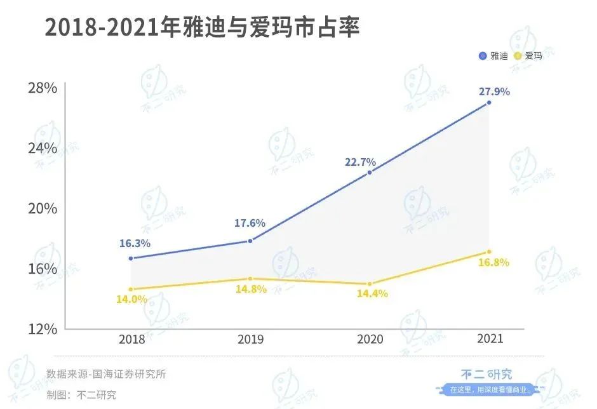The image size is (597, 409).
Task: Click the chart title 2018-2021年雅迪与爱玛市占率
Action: [202, 29]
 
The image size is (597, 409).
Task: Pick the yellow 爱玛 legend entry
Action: [528, 57]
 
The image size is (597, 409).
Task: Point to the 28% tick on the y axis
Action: [43, 88]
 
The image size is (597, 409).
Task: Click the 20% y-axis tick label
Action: [43, 209]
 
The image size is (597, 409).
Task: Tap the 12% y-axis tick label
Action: [43, 329]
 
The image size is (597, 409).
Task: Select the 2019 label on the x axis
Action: [251, 339]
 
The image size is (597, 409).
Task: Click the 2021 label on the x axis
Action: [489, 339]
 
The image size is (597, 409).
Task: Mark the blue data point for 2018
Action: [131, 258]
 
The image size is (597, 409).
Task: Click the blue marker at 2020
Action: [370, 172]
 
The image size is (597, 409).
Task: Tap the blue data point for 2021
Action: [488, 103]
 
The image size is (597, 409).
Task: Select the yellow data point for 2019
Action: [250, 279]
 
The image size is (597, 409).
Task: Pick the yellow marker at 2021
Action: [488, 252]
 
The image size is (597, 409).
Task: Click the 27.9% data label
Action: [494, 91]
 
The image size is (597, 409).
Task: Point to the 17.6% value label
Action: [250, 224]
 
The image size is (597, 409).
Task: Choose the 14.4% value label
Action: [372, 294]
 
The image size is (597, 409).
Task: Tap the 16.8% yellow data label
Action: [494, 263]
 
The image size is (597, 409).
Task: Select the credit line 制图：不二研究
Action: [81, 394]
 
